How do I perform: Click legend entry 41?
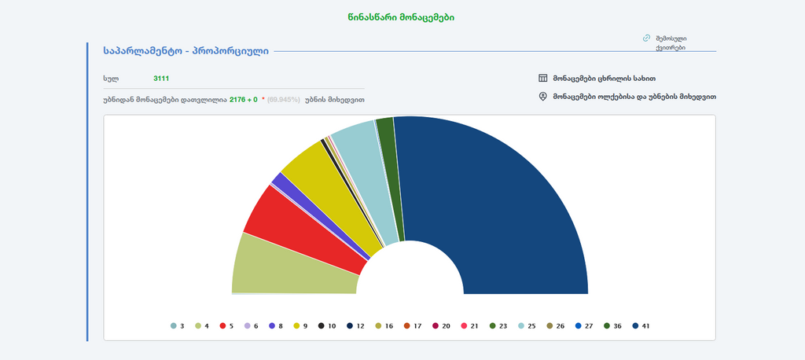tap(640, 325)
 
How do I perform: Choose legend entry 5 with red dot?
tap(228, 325)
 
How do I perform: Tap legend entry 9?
tap(301, 325)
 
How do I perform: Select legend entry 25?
tap(526, 325)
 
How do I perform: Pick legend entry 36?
tap(612, 325)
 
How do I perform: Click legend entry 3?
tap(178, 325)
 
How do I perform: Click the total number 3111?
tap(161, 79)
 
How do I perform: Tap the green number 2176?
tap(238, 100)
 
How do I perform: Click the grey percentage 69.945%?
tap(283, 100)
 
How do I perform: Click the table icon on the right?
tap(542, 79)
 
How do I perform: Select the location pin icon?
tap(542, 97)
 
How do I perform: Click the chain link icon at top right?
tap(646, 38)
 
